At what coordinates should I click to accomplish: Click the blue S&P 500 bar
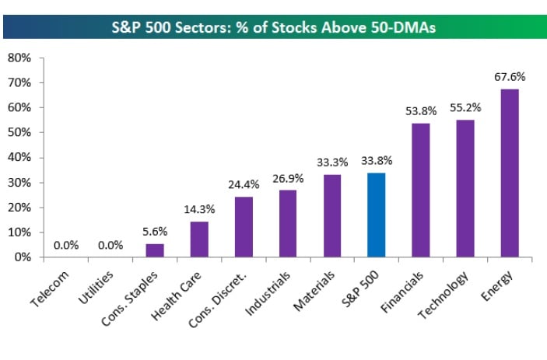(x=376, y=215)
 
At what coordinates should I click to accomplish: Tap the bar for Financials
(x=420, y=190)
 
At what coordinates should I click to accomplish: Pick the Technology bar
(x=465, y=188)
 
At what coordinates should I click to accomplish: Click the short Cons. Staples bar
(x=155, y=250)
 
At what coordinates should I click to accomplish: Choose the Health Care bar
(x=199, y=239)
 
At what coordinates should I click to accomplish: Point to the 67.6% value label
(x=510, y=77)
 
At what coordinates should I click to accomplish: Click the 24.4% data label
(x=244, y=185)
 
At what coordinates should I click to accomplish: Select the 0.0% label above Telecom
(x=66, y=246)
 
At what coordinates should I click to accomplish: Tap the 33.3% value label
(x=331, y=163)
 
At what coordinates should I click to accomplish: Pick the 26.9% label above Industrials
(x=288, y=178)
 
